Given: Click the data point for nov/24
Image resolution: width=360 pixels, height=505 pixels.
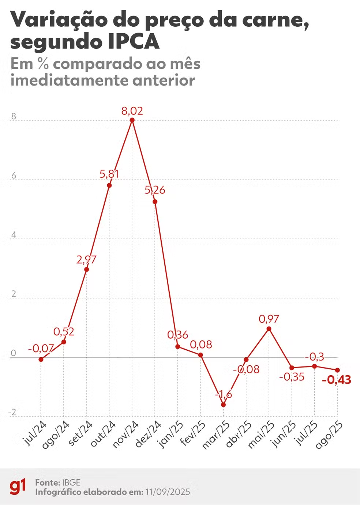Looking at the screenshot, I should (132, 120).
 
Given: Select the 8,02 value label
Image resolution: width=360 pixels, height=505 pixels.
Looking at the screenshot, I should (132, 111).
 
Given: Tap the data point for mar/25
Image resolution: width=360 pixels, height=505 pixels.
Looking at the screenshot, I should (223, 405).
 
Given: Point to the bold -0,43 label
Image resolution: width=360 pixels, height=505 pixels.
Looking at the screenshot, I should (337, 380).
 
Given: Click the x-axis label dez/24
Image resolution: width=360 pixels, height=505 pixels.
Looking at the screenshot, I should (148, 434).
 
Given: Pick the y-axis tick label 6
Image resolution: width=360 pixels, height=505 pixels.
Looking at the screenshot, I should (14, 176).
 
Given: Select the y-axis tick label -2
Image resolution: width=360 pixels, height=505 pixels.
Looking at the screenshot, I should (12, 412).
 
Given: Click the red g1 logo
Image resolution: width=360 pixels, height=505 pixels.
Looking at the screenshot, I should (18, 487).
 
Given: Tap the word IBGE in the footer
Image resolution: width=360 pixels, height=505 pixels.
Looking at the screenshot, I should (71, 482).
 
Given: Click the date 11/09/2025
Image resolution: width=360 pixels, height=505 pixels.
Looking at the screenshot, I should (168, 492).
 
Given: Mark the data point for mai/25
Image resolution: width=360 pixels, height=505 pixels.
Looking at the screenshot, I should (269, 329).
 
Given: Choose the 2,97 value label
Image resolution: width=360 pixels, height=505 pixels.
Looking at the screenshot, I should (86, 260).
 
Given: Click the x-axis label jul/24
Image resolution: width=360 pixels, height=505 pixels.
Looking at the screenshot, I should (35, 433).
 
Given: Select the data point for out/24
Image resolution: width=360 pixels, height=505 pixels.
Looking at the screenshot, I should (109, 185).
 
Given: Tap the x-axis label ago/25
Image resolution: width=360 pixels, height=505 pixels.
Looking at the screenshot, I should (329, 435).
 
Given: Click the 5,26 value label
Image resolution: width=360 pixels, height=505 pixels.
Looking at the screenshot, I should (155, 190).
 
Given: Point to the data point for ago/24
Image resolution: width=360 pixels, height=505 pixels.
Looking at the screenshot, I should (64, 342).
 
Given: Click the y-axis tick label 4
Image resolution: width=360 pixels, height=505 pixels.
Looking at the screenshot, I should (14, 235).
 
